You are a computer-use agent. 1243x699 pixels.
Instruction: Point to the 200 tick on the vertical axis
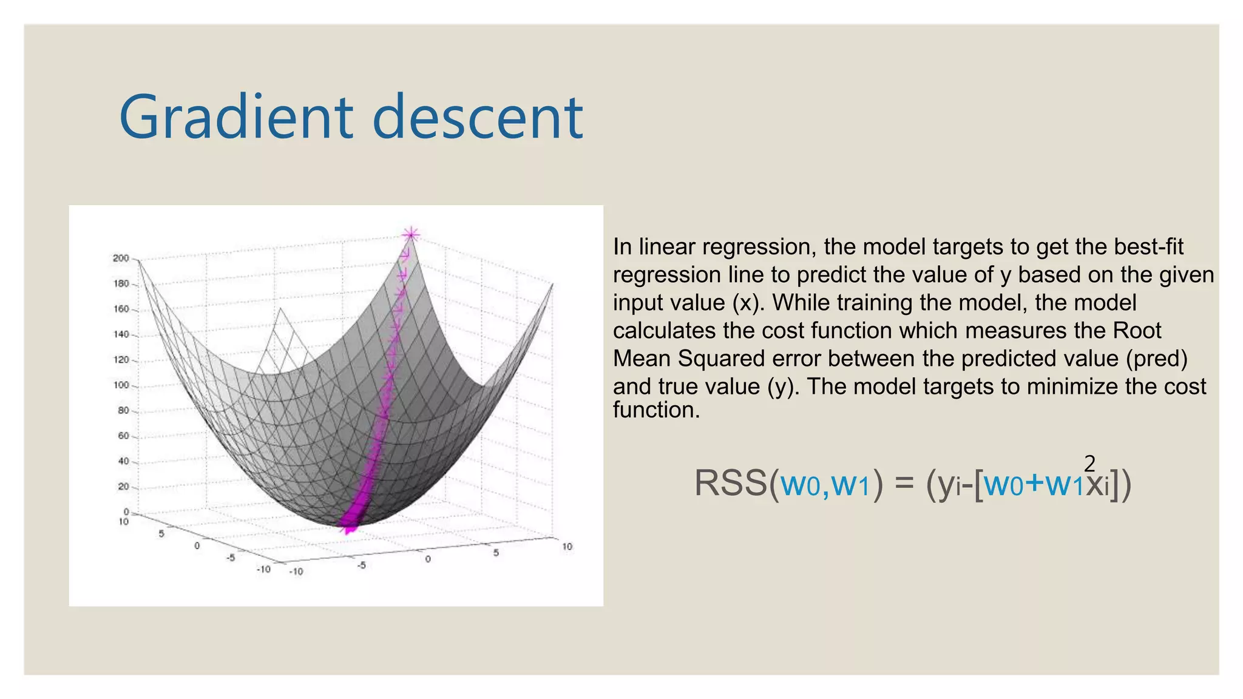(121, 258)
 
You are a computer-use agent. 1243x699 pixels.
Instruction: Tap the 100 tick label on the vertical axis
(121, 385)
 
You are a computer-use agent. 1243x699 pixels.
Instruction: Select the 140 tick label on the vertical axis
(121, 334)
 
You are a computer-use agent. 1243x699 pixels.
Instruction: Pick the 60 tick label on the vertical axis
(123, 436)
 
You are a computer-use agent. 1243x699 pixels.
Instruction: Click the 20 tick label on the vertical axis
(123, 487)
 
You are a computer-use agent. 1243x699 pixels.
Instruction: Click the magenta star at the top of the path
(411, 234)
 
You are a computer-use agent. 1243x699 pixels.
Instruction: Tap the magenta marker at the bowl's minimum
(348, 529)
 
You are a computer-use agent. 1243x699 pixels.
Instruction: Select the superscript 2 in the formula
(1089, 464)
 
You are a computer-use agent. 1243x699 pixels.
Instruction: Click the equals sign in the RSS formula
(904, 484)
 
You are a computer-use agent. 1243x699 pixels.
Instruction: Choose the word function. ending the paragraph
(656, 410)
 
